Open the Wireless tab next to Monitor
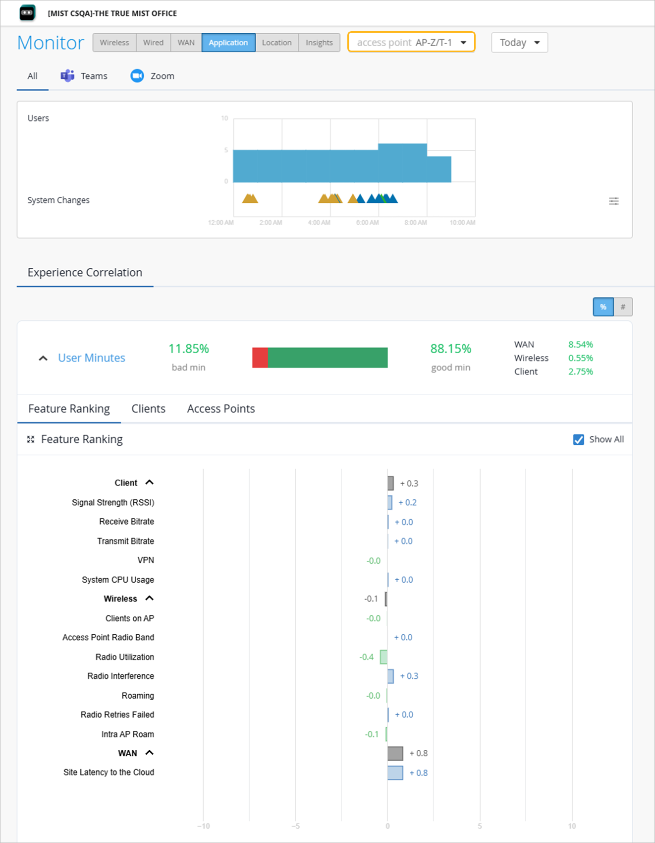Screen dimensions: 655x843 [114, 43]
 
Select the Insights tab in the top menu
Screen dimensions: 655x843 [319, 43]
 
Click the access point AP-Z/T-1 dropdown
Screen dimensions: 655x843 [411, 42]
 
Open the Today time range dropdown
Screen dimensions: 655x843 [519, 43]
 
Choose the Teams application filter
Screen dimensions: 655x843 [84, 76]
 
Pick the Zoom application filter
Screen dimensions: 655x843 [153, 76]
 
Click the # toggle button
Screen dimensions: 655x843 [623, 307]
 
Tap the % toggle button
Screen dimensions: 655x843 [603, 307]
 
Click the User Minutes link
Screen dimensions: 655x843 [92, 358]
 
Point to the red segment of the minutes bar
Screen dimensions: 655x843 [260, 358]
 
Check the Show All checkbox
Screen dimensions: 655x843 [578, 439]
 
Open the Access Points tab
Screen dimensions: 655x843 [221, 409]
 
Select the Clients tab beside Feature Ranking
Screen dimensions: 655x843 [148, 409]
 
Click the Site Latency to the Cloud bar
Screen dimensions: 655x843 [395, 773]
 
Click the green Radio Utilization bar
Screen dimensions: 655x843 [383, 657]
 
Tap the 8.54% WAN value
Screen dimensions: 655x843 [580, 345]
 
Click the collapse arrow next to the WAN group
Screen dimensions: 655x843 [149, 753]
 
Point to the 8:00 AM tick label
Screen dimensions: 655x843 [415, 223]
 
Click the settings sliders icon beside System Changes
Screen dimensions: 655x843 [614, 201]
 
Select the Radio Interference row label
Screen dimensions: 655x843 [120, 676]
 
